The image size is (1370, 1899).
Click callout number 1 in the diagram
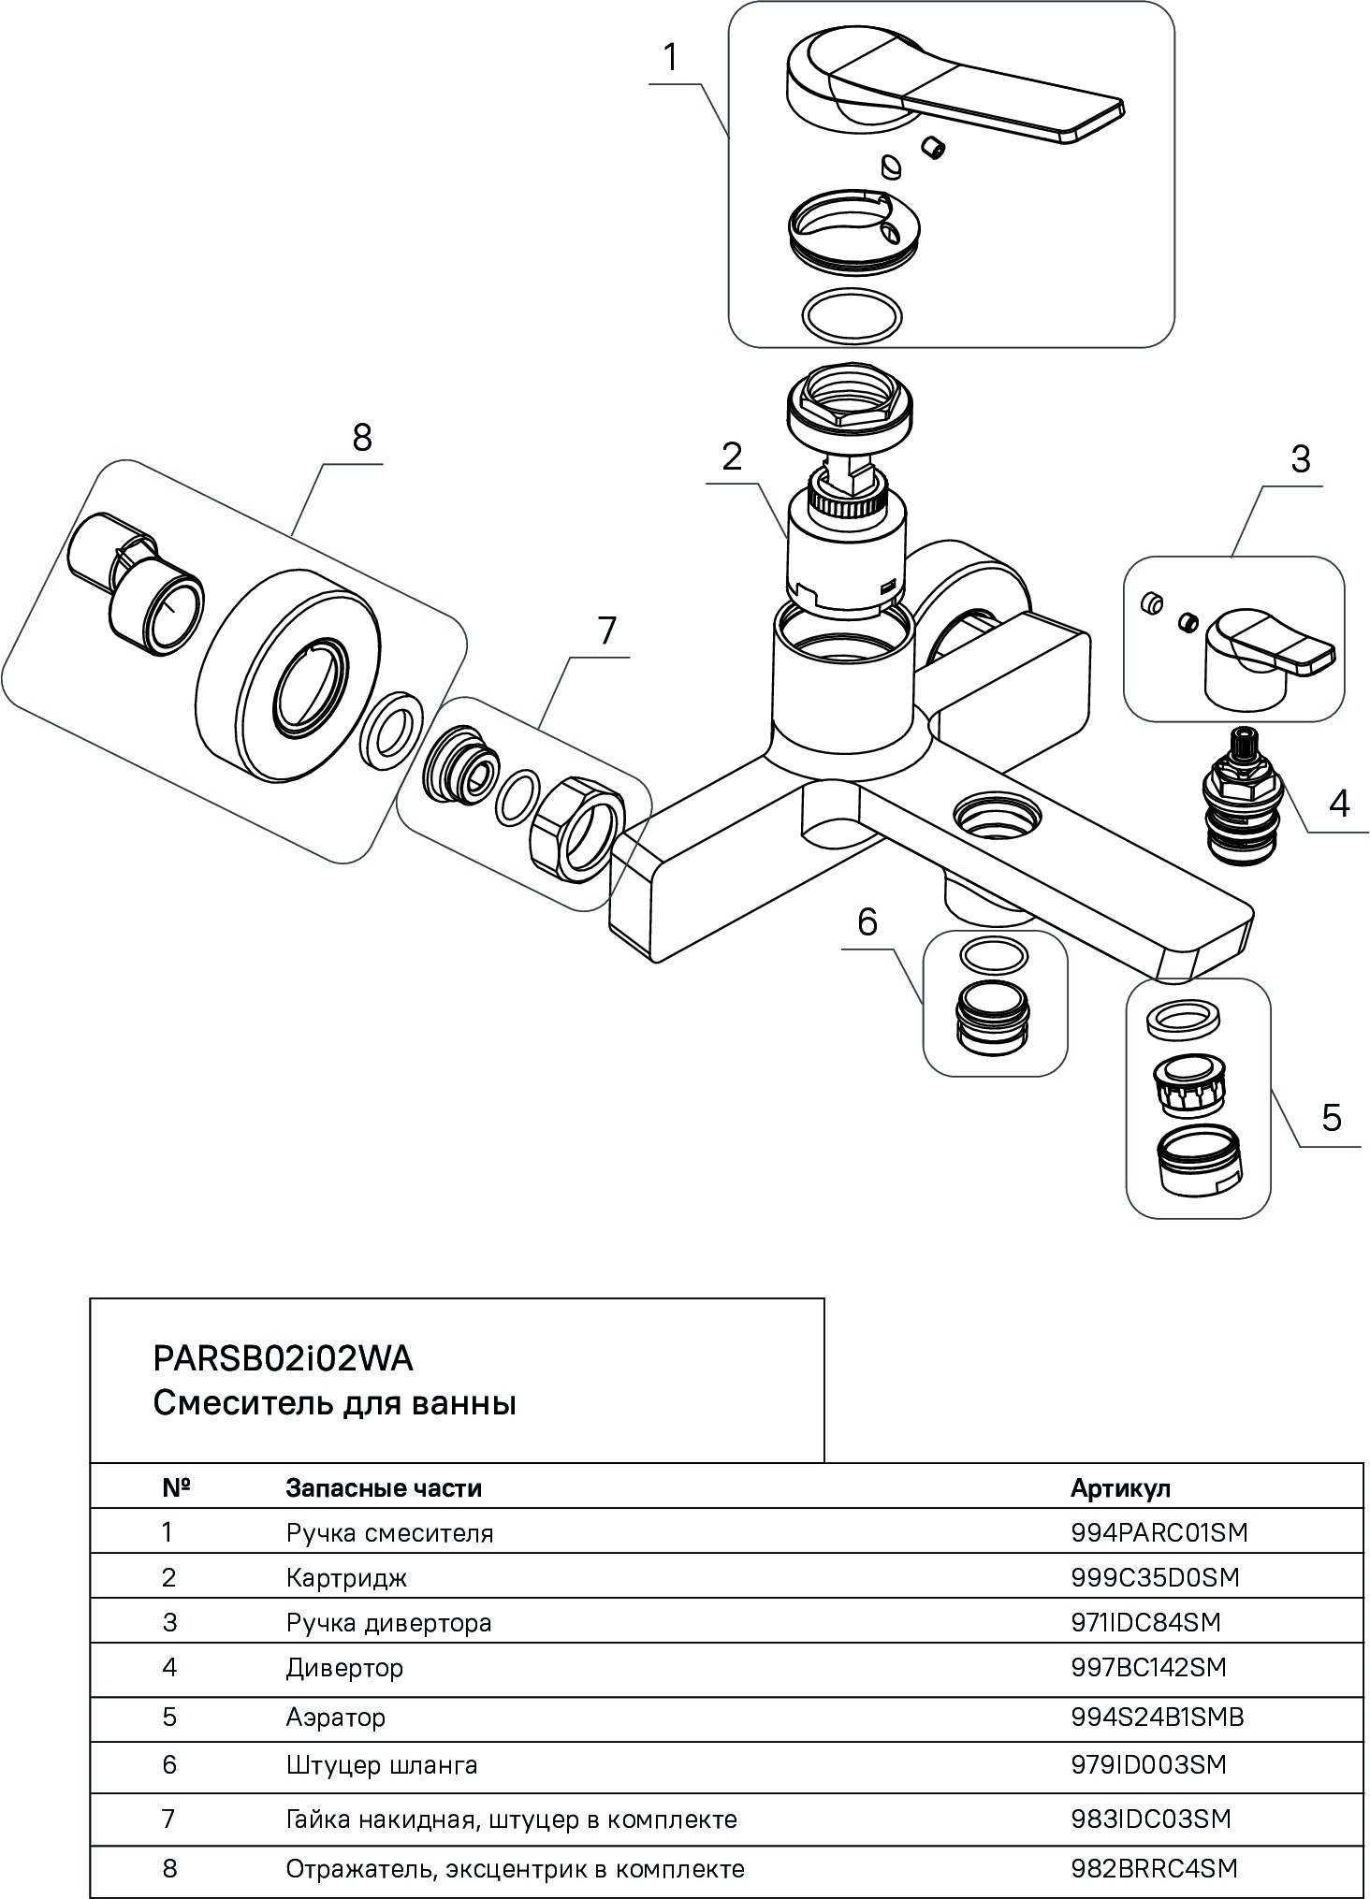(669, 58)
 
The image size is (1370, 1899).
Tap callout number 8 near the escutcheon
(362, 437)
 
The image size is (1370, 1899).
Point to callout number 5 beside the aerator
(1332, 1117)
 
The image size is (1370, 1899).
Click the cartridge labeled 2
(846, 552)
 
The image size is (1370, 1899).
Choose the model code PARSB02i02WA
(282, 1358)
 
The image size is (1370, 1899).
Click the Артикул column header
(1120, 1487)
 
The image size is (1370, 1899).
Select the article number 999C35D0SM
(1155, 1577)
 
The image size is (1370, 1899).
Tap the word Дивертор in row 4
(344, 1668)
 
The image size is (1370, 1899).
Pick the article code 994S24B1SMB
(1157, 1717)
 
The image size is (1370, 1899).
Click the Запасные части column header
(383, 1487)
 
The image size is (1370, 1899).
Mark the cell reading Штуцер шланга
(382, 1765)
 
